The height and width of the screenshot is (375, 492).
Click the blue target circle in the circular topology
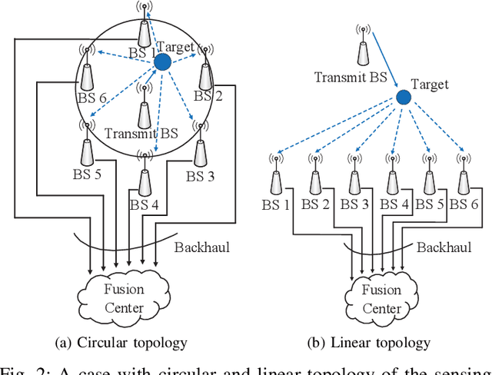[x=162, y=62]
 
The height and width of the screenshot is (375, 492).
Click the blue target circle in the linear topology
[x=403, y=97]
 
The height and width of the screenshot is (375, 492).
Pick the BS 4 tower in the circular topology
[x=143, y=178]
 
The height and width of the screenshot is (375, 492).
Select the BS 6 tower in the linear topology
[x=463, y=181]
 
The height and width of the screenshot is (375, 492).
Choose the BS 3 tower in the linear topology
[x=352, y=181]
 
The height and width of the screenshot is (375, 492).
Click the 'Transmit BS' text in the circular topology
[x=141, y=133]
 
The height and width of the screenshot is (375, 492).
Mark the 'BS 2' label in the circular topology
[x=208, y=96]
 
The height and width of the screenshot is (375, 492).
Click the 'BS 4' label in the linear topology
[x=393, y=204]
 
